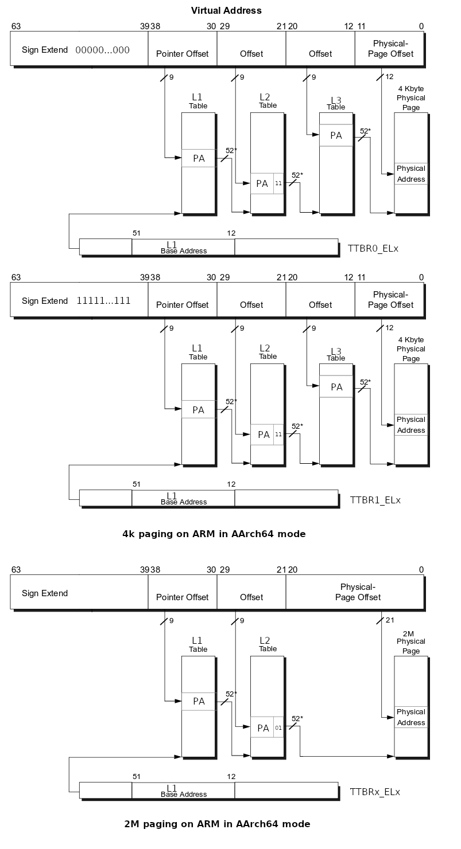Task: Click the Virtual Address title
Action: click(x=226, y=10)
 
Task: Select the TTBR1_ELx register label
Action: click(x=375, y=499)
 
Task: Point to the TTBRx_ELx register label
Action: click(x=375, y=792)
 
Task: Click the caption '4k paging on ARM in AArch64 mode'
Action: click(x=214, y=534)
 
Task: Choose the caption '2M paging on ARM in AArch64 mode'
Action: click(x=217, y=824)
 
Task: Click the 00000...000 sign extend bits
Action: click(x=102, y=50)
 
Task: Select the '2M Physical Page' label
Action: click(x=411, y=641)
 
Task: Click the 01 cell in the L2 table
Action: click(x=278, y=728)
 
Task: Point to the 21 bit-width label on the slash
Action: click(x=390, y=620)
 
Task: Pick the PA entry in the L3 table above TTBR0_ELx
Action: click(x=336, y=135)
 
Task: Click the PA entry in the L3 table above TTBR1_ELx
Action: click(x=336, y=387)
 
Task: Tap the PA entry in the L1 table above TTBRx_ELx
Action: click(x=199, y=701)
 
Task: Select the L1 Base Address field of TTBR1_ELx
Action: click(x=183, y=498)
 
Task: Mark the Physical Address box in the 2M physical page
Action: click(x=411, y=717)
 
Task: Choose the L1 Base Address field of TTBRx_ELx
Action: click(x=183, y=791)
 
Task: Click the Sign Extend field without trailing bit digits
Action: click(x=45, y=593)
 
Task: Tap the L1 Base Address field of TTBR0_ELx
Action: click(x=183, y=247)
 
